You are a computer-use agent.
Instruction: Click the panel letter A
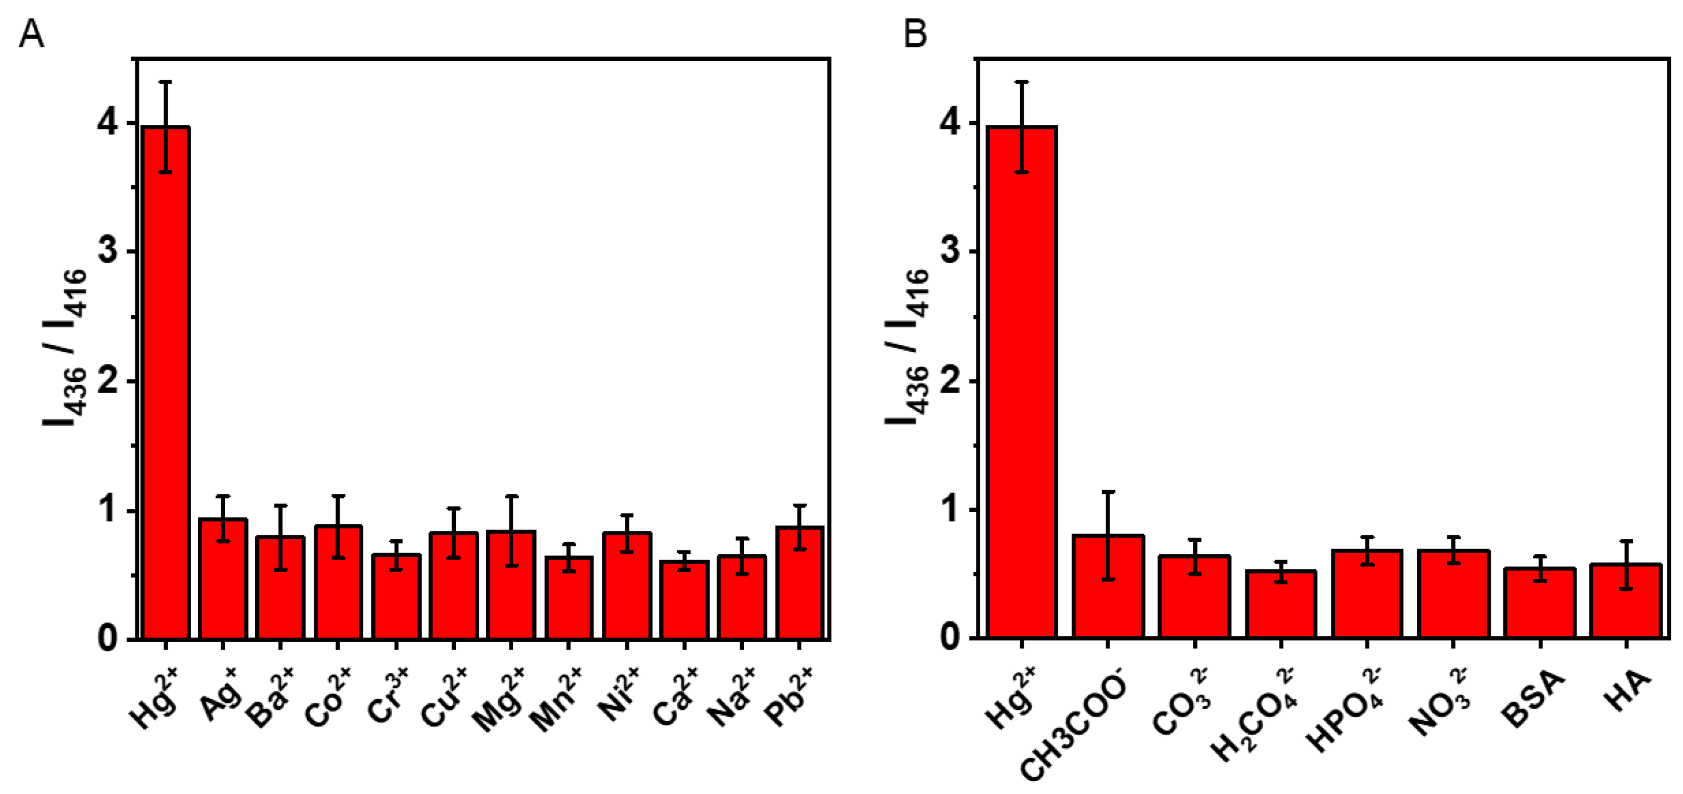[x=31, y=33]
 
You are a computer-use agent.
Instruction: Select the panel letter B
[x=915, y=33]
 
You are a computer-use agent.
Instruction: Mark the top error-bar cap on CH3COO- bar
[x=1107, y=491]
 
